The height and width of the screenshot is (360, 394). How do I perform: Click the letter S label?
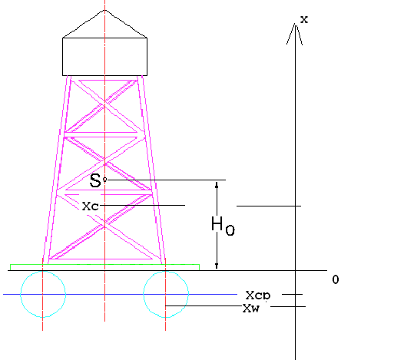coord(95,180)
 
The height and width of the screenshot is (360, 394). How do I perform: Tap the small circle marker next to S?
coord(104,180)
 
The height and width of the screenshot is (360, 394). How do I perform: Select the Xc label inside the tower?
coord(90,206)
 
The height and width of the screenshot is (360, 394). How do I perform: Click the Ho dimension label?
coord(223,226)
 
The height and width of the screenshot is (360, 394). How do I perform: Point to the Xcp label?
coord(258,296)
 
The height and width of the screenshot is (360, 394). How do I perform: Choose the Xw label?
coord(251,308)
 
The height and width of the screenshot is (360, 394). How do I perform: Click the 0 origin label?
coord(336,279)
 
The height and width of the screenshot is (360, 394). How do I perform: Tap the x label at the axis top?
coord(304,19)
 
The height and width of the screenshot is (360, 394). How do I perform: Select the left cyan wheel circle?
coord(21,294)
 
